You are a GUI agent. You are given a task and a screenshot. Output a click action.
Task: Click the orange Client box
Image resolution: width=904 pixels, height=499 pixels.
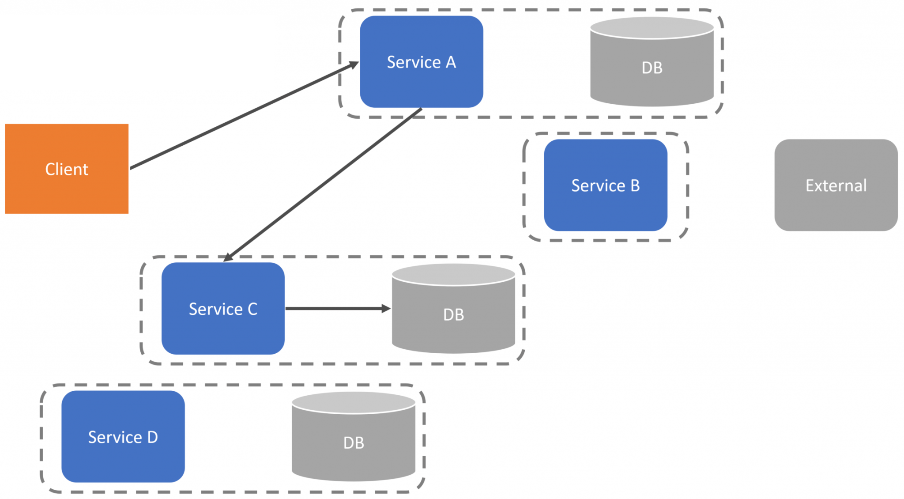coord(67,169)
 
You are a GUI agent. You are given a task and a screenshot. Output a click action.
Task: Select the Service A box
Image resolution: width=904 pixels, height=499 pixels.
coord(422,62)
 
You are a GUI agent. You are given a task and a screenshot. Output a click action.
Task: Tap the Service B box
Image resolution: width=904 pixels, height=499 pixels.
coord(606,185)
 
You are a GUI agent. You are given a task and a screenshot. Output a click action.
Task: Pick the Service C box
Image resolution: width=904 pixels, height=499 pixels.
coord(223,308)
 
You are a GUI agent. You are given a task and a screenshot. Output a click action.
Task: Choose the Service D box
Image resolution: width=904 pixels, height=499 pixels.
coord(123,436)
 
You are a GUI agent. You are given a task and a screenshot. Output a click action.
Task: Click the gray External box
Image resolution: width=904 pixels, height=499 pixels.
coord(836,185)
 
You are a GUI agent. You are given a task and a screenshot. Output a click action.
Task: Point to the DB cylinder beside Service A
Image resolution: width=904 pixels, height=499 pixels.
coord(652,62)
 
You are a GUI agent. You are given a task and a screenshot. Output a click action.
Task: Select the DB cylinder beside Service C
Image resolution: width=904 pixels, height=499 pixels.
coord(453,308)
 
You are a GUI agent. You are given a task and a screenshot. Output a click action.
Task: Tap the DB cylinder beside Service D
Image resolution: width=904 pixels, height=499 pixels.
coord(354,436)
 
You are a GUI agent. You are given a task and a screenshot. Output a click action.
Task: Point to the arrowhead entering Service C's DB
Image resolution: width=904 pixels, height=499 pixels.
coord(386,308)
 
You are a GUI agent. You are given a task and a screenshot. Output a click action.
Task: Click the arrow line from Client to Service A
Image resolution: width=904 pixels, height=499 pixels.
coord(245,115)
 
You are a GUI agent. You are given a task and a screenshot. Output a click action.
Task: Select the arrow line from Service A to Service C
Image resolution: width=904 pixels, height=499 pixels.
coord(323,185)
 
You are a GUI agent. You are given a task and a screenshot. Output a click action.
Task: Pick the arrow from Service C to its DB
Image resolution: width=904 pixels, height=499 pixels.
coord(338,308)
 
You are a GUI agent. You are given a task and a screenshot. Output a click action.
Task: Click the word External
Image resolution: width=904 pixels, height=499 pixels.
coord(836,185)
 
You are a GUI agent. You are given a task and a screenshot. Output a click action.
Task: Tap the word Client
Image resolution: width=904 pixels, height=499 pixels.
coord(67,169)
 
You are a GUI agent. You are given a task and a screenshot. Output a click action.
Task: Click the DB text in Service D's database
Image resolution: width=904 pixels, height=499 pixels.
coord(354,443)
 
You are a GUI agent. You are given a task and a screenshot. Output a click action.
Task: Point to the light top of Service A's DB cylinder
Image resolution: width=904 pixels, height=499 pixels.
coord(652,28)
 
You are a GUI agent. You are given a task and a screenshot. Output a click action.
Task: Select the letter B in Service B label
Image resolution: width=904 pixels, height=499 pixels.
coord(635,185)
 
